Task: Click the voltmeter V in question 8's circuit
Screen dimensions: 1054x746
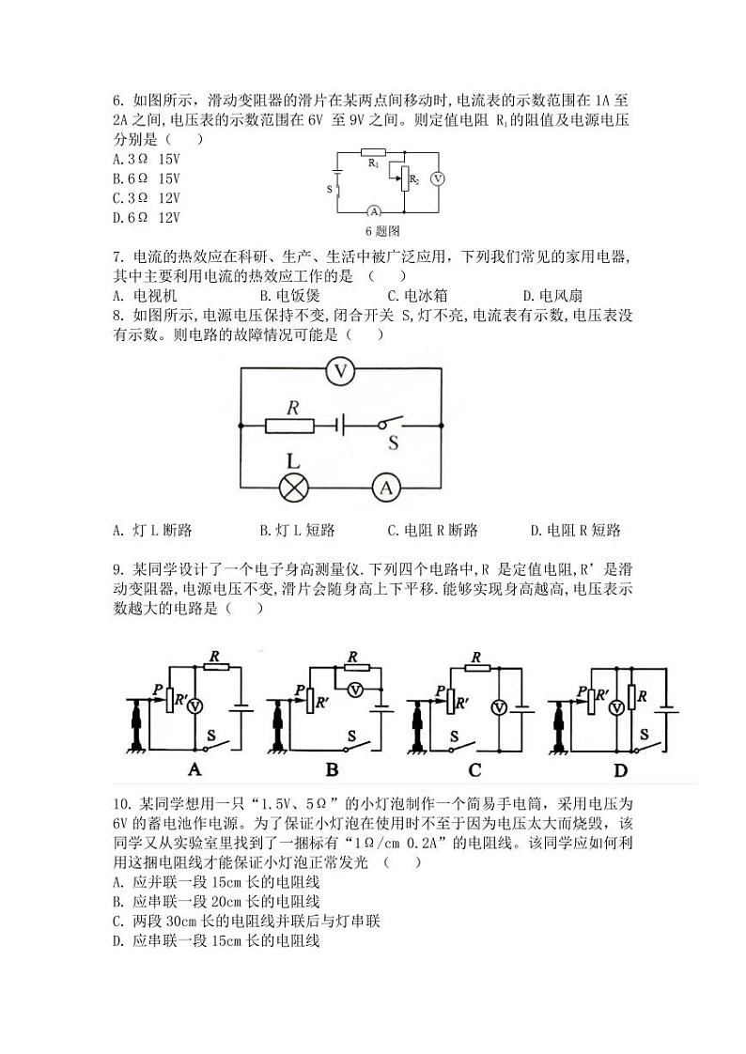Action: point(343,371)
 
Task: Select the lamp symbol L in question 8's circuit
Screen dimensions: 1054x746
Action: point(295,488)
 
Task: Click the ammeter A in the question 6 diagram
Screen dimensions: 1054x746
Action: point(372,210)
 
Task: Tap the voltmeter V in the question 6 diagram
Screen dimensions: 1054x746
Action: point(437,178)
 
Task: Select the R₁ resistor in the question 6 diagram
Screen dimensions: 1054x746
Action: point(373,151)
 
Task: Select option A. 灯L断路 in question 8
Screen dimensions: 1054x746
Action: point(151,530)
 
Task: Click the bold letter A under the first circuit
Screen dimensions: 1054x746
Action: point(194,769)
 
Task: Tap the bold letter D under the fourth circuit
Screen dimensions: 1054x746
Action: point(620,769)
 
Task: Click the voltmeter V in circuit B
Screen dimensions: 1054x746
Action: point(356,690)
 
